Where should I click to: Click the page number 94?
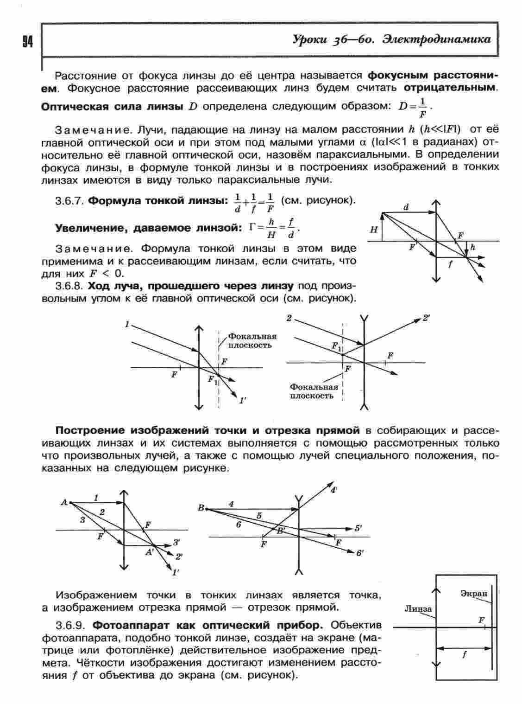click(27, 42)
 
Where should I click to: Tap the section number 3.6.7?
click(69, 201)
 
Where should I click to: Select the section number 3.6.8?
click(69, 285)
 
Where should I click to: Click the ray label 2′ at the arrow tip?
click(426, 319)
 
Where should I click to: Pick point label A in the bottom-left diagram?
click(64, 502)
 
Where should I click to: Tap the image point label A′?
click(150, 552)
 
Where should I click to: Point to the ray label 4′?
click(333, 490)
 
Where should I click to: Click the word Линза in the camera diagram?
click(417, 609)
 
